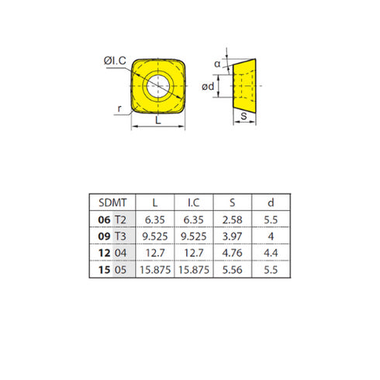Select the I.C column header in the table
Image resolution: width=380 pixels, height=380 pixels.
pos(195,203)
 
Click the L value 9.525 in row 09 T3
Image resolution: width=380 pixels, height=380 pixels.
pos(157,236)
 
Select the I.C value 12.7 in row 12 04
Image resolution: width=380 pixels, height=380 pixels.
pos(195,252)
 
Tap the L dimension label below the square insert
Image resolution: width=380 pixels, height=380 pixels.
pos(159,122)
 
